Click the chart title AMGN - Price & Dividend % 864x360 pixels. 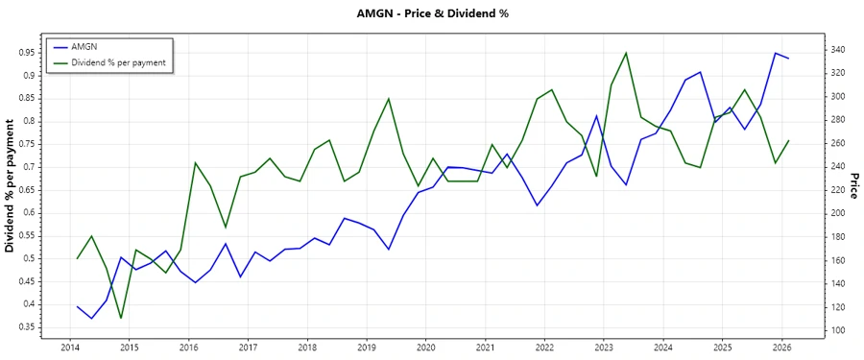tap(431, 13)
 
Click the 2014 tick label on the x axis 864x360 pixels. tap(70, 348)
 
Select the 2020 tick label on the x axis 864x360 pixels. tap(425, 348)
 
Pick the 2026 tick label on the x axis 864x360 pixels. tap(781, 348)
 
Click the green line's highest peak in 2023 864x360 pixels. tap(626, 53)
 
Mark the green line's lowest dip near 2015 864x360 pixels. tap(121, 318)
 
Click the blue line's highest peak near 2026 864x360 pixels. tap(775, 53)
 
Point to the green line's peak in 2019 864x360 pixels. tap(389, 98)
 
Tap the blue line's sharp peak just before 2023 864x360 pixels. tap(596, 116)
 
